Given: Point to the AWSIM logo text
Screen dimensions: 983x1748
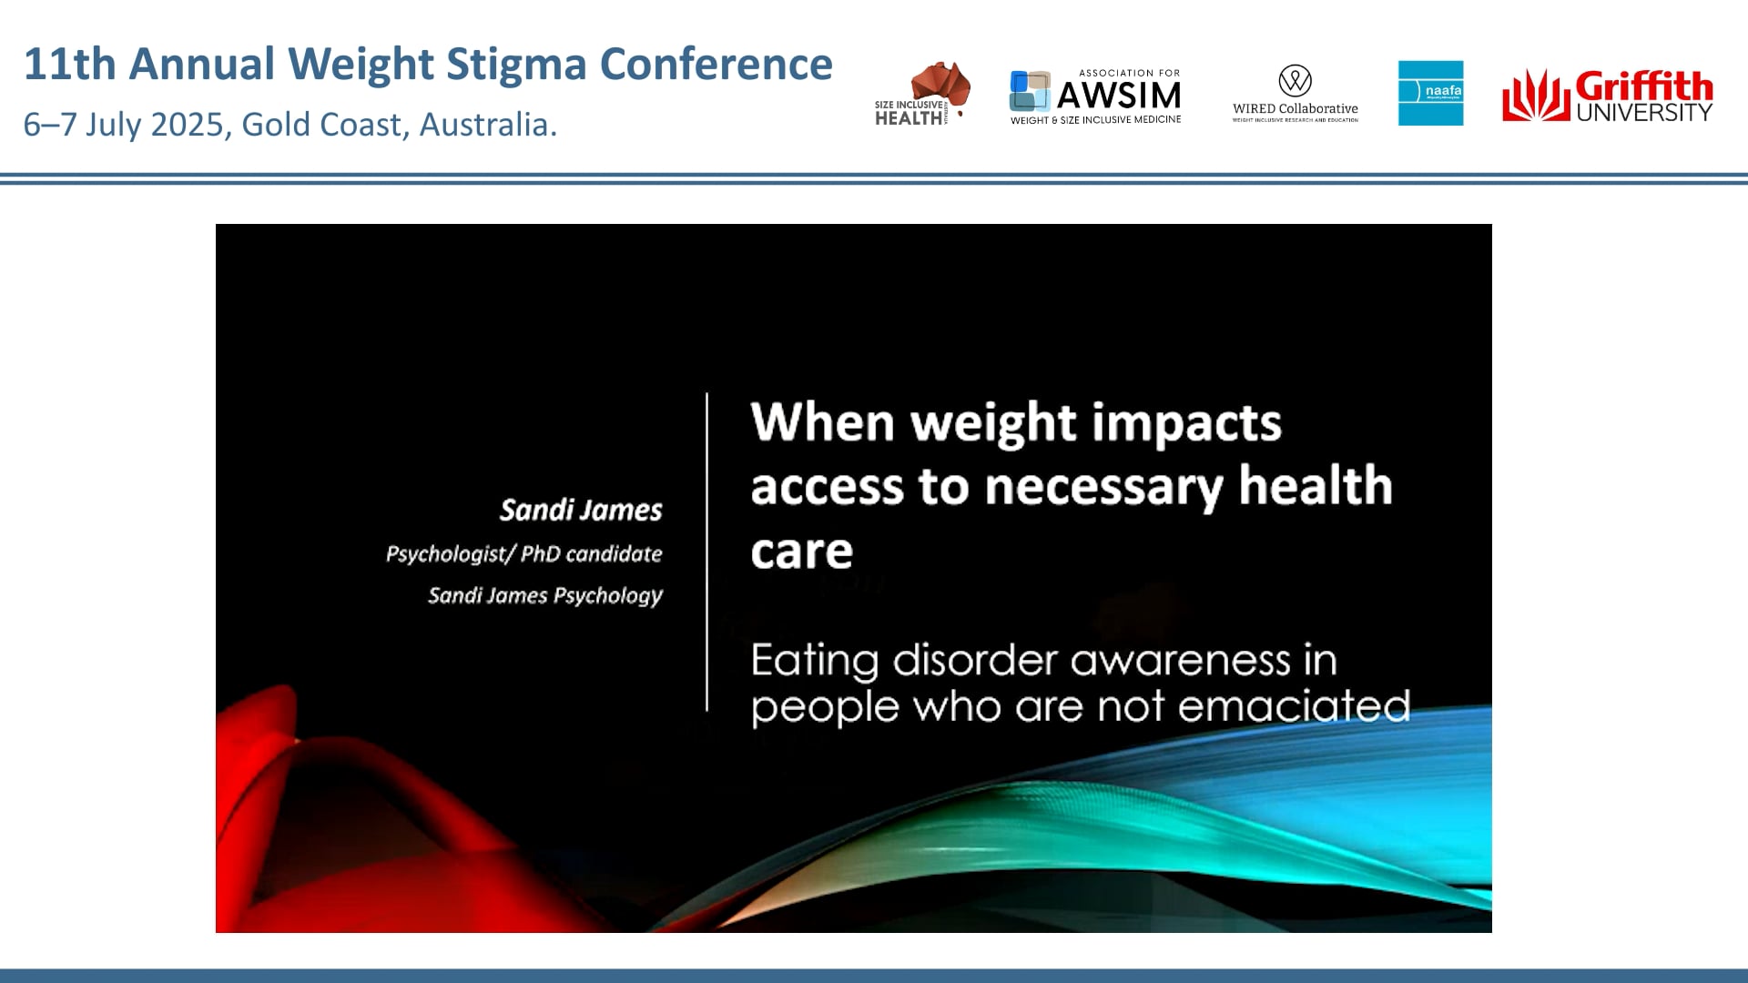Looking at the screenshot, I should pyautogui.click(x=1118, y=95).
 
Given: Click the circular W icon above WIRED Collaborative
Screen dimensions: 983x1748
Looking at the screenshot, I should pyautogui.click(x=1295, y=80).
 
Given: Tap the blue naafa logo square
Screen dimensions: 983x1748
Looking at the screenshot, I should pyautogui.click(x=1430, y=93).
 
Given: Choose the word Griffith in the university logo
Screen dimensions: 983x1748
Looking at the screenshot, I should pyautogui.click(x=1643, y=86).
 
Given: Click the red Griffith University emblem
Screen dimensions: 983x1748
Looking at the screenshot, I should pyautogui.click(x=1535, y=96).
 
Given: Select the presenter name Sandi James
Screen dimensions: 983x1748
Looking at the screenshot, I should pyautogui.click(x=581, y=510).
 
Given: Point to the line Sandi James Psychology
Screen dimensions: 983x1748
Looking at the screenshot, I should pyautogui.click(x=545, y=595).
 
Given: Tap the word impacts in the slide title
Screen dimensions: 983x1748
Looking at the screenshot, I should pyautogui.click(x=1186, y=423).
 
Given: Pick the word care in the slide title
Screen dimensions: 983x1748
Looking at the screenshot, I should pyautogui.click(x=801, y=551).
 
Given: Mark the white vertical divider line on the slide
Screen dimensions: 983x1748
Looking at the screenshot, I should pyautogui.click(x=706, y=552).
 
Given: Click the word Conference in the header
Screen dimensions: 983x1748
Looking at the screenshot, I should pyautogui.click(x=716, y=65).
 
